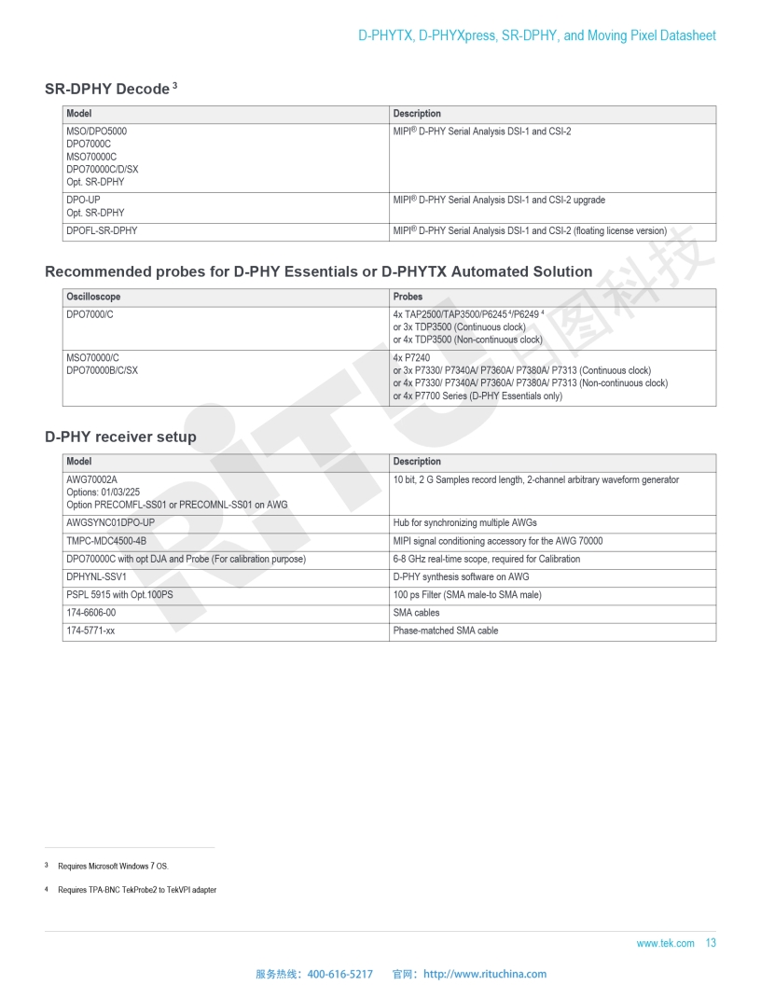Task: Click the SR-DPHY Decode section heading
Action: (106, 90)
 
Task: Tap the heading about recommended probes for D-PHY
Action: (318, 272)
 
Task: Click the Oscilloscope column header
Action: (93, 297)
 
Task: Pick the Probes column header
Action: (408, 297)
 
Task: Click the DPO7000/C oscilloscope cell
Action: (91, 314)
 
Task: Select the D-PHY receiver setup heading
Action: (120, 437)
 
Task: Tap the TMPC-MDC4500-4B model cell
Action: (106, 541)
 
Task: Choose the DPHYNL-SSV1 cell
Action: (96, 576)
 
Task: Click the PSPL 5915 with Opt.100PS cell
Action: (119, 595)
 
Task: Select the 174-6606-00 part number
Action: (91, 613)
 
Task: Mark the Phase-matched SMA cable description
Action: (446, 631)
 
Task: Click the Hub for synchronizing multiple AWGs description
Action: (464, 523)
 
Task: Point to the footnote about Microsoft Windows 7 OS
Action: (113, 867)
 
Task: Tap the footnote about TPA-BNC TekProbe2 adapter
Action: (136, 890)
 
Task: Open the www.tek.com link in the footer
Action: (665, 944)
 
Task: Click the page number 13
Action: (711, 943)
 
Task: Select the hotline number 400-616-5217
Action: (339, 974)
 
